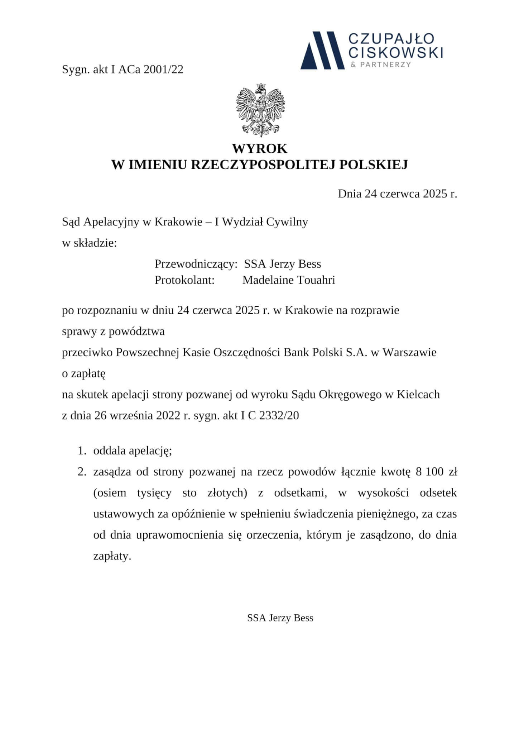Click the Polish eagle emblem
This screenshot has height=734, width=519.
[260, 110]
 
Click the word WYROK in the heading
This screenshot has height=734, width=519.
[259, 148]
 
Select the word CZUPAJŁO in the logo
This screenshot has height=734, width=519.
[391, 39]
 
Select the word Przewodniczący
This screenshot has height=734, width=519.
[196, 264]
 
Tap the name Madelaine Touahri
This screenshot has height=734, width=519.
[289, 280]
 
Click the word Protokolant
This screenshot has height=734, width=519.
[184, 280]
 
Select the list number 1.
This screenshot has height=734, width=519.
[82, 451]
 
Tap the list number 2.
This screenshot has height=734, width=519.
[82, 472]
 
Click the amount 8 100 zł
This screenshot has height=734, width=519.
[436, 472]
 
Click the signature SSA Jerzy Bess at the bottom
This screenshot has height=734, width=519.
[280, 618]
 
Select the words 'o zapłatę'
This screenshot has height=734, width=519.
[84, 373]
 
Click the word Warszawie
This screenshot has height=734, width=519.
[410, 352]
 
